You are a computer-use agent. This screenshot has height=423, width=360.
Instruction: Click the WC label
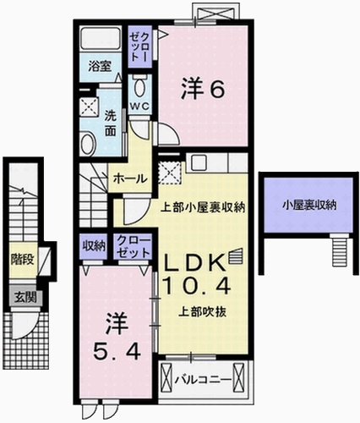point(139,107)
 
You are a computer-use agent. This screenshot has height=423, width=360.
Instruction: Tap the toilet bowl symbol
point(140,85)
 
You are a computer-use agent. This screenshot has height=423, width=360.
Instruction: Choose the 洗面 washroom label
point(112,126)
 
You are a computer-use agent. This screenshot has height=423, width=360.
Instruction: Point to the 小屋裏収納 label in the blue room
point(309,204)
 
